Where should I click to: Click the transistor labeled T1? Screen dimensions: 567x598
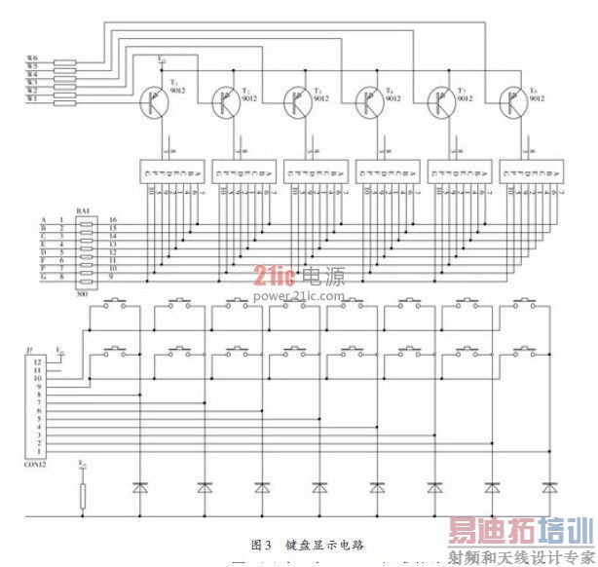tap(154, 100)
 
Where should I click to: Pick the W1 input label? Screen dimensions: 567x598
tap(32, 98)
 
